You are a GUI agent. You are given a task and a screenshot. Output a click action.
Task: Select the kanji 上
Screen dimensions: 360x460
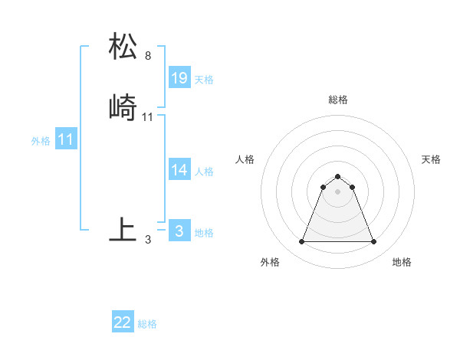tap(123, 229)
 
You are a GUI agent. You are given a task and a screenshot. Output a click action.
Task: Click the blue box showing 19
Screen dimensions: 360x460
tap(179, 78)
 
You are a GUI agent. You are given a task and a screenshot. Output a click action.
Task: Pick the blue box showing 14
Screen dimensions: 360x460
tap(179, 170)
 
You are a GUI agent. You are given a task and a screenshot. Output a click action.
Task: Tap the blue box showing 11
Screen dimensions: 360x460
tap(66, 140)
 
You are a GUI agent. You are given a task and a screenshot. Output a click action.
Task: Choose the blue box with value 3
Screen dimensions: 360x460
tap(179, 231)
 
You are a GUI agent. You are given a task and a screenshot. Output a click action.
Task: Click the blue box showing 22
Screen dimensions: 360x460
tap(123, 322)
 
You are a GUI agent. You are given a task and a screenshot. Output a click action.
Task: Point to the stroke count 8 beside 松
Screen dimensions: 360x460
tap(147, 56)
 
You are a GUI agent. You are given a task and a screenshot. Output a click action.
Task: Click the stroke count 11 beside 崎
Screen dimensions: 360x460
tap(147, 117)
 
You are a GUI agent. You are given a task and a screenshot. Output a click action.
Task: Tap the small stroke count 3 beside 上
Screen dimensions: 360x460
tap(147, 240)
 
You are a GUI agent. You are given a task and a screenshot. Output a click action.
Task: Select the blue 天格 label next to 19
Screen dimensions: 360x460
tap(204, 80)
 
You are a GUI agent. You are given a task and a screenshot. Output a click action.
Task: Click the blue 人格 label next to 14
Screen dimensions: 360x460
tap(204, 172)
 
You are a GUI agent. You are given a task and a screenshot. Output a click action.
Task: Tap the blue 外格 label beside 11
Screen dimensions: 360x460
tap(41, 141)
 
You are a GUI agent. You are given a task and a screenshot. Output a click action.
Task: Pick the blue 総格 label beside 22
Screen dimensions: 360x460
tap(147, 324)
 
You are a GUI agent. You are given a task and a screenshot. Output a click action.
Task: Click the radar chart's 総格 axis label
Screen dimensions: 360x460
tap(338, 100)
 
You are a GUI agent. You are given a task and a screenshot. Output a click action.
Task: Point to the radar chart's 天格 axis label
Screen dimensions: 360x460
tap(431, 159)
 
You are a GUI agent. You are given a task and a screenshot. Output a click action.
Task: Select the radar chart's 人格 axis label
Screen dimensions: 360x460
tap(245, 159)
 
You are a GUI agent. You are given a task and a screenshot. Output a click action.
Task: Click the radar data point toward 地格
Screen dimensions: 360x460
tap(374, 242)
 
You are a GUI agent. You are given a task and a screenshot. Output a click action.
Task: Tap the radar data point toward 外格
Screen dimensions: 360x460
tap(301, 242)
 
